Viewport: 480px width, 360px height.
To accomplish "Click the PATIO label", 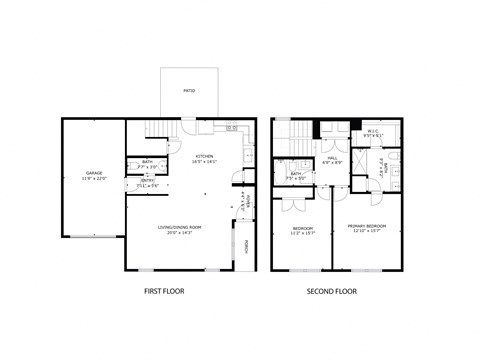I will coord(189,91).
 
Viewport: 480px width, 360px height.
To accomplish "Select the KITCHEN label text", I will coord(205,156).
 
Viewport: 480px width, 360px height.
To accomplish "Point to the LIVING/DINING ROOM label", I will coord(180,227).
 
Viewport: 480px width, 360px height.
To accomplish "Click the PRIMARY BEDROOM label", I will coord(368,227).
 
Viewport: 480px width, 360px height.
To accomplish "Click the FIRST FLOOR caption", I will coord(165,291).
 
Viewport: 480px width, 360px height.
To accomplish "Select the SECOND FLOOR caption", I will coord(332,291).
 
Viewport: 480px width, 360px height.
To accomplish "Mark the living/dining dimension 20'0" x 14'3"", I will coord(180,233).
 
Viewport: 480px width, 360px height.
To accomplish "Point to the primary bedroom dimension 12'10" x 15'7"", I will coord(368,233).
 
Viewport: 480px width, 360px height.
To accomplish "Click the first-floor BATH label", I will coord(147,162).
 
